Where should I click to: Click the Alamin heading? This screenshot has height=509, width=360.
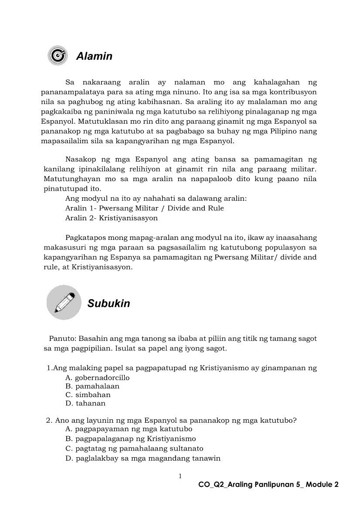(x=94, y=56)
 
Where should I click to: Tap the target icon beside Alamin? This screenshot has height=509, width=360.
(x=58, y=55)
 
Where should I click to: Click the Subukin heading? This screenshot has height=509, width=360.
(x=109, y=303)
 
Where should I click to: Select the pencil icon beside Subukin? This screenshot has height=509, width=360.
(x=64, y=303)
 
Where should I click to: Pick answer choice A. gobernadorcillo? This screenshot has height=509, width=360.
(x=97, y=378)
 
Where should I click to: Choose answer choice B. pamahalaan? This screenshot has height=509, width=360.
(x=92, y=386)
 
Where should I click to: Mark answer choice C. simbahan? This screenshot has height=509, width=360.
(x=88, y=395)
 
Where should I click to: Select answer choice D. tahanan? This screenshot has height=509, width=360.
(x=85, y=403)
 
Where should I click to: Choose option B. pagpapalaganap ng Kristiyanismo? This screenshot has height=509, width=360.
(x=130, y=438)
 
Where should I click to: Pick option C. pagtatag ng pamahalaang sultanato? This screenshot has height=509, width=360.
(x=134, y=448)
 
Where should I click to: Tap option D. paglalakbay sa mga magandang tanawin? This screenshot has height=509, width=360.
(x=143, y=458)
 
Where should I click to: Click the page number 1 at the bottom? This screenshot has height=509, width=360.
(x=180, y=476)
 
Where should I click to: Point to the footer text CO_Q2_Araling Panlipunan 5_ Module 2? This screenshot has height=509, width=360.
(x=268, y=485)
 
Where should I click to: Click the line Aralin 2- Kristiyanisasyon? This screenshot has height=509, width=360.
(x=111, y=218)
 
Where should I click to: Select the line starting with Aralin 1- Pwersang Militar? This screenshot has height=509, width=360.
(x=144, y=208)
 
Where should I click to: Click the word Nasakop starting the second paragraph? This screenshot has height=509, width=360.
(x=80, y=160)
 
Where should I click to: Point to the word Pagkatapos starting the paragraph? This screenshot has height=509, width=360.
(x=85, y=238)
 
